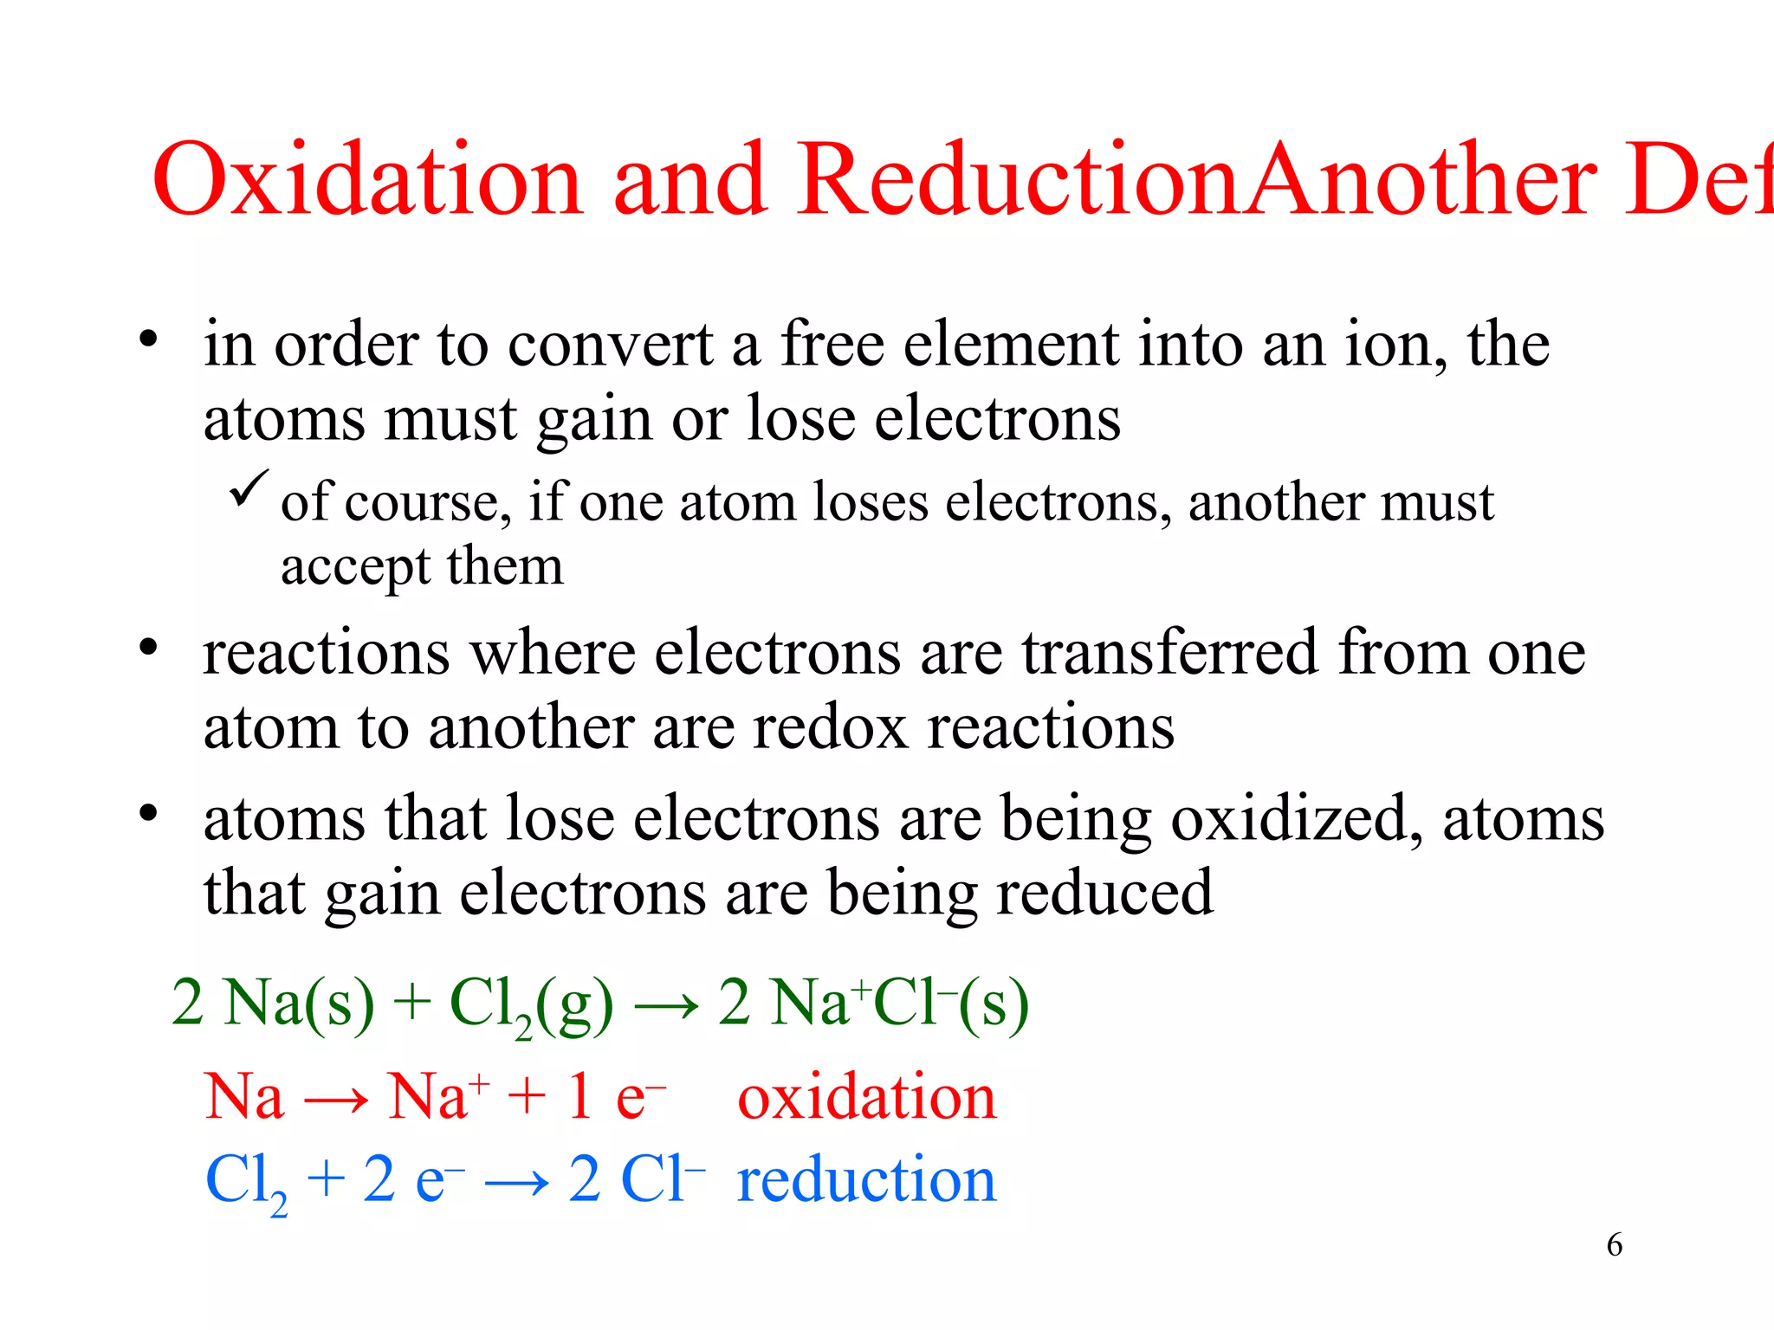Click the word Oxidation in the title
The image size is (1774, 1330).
[x=366, y=179]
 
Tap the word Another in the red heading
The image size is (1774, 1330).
[x=1421, y=179]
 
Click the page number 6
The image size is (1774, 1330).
[x=1614, y=1245]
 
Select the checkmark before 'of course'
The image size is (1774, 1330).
[x=249, y=488]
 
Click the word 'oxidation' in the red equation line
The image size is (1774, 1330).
[x=866, y=1097]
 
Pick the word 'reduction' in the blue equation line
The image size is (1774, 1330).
[x=866, y=1179]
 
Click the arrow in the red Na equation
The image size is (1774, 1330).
[x=336, y=1101]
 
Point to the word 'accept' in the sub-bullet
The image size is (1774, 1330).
[x=355, y=568]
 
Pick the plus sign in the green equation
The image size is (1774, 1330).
[x=412, y=1004]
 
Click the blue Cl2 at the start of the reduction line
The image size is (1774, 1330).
[x=246, y=1181]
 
